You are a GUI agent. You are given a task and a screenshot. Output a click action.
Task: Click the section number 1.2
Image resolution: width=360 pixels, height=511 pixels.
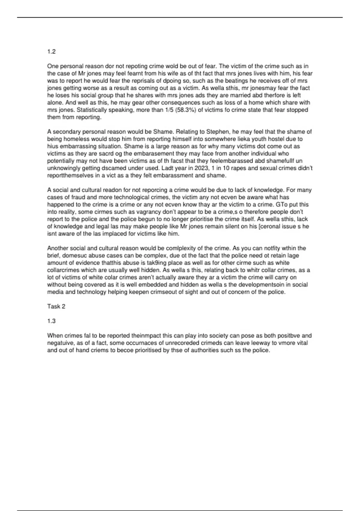click(x=51, y=52)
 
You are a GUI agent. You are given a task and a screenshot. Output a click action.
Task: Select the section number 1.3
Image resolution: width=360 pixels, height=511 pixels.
click(x=51, y=321)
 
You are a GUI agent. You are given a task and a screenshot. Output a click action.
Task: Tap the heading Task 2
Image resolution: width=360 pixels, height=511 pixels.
click(x=56, y=307)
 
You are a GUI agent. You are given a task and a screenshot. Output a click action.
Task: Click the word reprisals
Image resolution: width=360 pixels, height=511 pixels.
click(x=148, y=81)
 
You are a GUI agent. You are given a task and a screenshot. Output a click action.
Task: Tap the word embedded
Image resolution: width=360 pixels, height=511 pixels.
click(x=145, y=285)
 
